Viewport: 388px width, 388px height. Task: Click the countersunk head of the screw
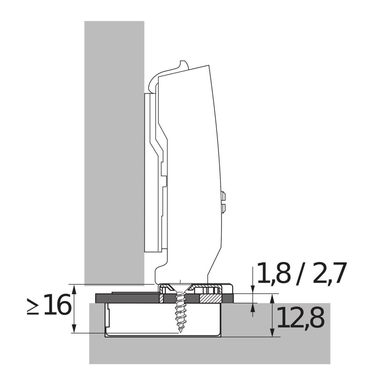pyautogui.click(x=180, y=288)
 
